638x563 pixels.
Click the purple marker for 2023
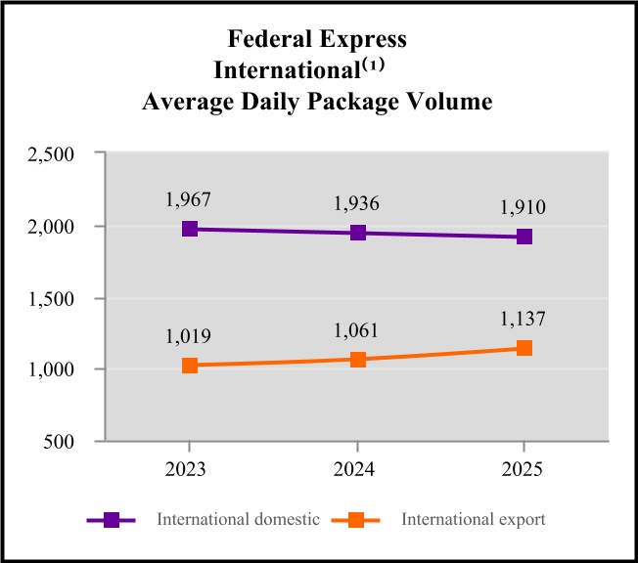click(x=190, y=229)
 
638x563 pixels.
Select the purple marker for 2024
click(x=357, y=233)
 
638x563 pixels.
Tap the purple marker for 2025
click(x=524, y=237)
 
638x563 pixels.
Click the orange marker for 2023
click(x=190, y=366)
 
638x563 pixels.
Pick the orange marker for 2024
click(x=357, y=359)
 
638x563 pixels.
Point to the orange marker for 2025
click(x=524, y=348)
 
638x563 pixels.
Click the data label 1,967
click(x=189, y=200)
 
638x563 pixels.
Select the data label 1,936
click(x=356, y=204)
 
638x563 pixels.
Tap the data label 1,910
click(x=524, y=207)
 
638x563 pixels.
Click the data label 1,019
click(x=189, y=336)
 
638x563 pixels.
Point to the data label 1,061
click(x=356, y=329)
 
